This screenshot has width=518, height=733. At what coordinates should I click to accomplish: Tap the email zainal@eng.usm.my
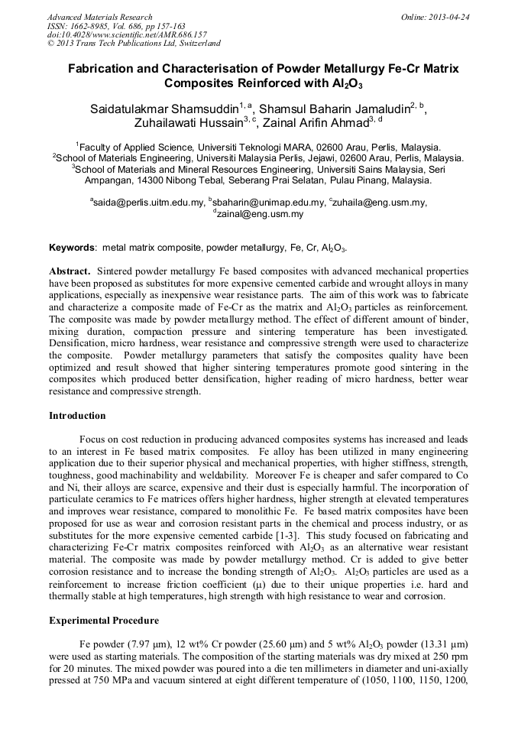pos(260,215)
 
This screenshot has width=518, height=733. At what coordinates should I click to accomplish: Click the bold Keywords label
pos(73,248)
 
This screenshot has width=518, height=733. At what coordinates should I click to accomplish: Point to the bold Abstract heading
pos(71,271)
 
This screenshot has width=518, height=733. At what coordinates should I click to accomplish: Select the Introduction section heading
pos(77,416)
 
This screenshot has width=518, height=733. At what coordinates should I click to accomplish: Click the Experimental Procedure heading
pos(103,620)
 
